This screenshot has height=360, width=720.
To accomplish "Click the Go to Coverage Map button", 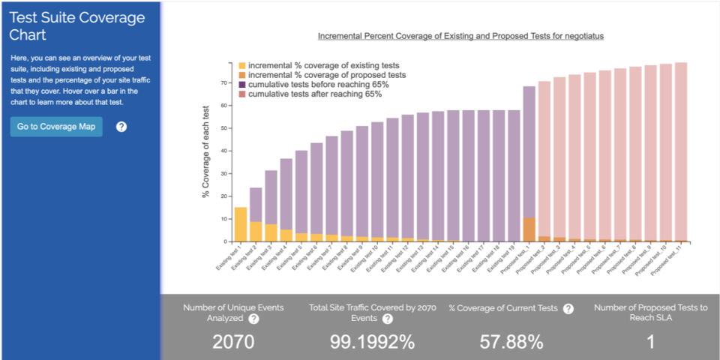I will [x=56, y=126].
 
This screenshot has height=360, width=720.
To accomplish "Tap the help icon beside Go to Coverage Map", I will [x=121, y=126].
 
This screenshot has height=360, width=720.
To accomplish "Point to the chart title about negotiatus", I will [x=460, y=35].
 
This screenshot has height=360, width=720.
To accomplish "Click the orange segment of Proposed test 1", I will [x=529, y=229].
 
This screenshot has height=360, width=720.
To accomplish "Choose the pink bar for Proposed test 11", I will [x=681, y=150].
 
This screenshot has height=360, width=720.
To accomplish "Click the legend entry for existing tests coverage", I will [x=323, y=65].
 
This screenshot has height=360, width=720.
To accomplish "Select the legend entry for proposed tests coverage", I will [x=327, y=75].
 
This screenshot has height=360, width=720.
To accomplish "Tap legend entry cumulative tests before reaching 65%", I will [x=318, y=85].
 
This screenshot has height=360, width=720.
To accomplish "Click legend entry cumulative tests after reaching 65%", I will [x=315, y=94].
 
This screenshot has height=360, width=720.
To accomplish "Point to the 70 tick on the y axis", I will [x=224, y=83].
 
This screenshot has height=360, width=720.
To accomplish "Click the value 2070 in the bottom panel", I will [x=233, y=342].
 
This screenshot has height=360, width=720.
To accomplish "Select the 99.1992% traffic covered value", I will [x=372, y=342].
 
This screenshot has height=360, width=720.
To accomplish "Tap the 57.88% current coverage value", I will [x=511, y=342].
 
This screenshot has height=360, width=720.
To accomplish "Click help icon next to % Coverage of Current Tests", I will [x=568, y=309].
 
